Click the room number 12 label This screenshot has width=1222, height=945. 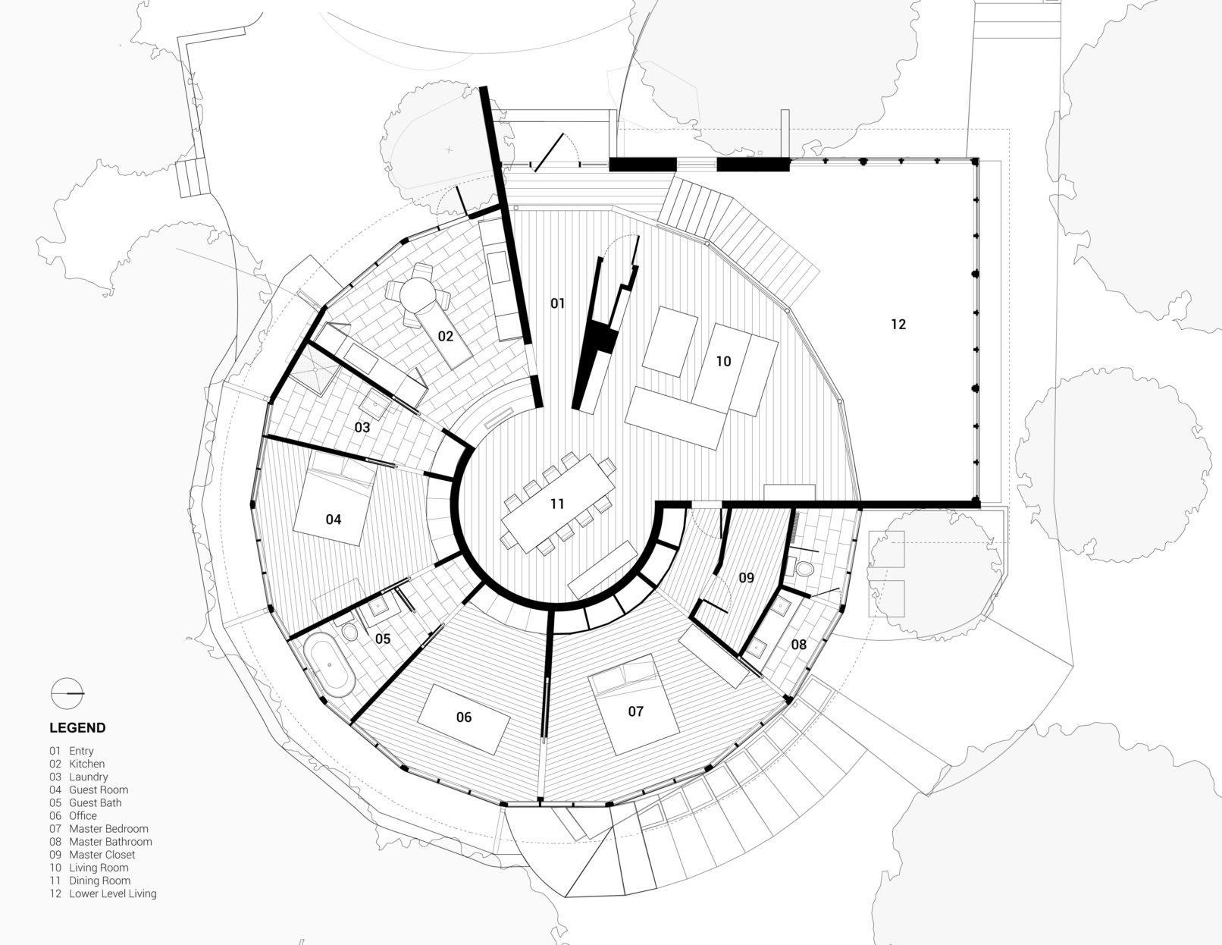(x=898, y=324)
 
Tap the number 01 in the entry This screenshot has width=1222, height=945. (x=557, y=303)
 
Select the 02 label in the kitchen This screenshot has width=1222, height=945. (x=446, y=337)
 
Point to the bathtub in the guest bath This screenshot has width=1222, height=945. (x=330, y=664)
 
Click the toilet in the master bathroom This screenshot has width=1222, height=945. (x=805, y=569)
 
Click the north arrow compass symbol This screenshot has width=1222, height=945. (x=67, y=693)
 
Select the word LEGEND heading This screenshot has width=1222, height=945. (x=77, y=728)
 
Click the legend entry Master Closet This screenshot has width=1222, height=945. (x=102, y=855)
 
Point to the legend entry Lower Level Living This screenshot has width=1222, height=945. (x=112, y=893)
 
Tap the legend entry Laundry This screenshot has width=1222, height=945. (x=88, y=777)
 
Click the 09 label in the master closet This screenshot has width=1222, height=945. (x=746, y=578)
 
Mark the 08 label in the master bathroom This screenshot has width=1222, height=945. (x=798, y=645)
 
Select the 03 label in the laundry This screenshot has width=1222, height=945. (x=362, y=428)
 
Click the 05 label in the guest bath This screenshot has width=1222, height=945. (x=382, y=639)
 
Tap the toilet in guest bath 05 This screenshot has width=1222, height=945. (x=349, y=630)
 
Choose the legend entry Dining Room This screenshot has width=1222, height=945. (x=99, y=881)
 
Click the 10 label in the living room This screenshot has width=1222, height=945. (x=723, y=361)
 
